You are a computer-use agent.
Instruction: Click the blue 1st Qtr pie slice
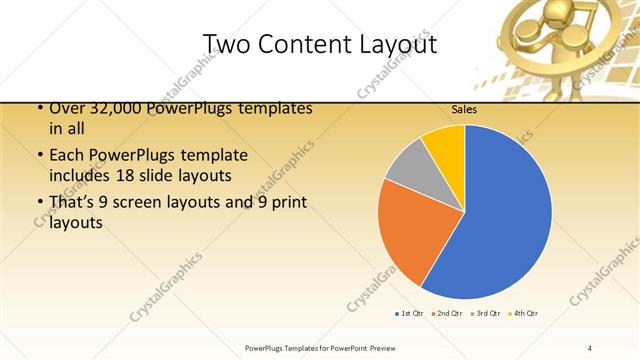click(x=500, y=215)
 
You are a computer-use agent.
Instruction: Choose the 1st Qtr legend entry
click(x=409, y=314)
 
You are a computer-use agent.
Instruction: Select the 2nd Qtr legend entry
click(x=445, y=314)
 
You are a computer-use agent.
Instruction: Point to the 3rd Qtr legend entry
click(x=485, y=314)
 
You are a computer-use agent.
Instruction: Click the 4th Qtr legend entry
click(x=523, y=314)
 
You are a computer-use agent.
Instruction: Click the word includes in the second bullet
click(x=81, y=175)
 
